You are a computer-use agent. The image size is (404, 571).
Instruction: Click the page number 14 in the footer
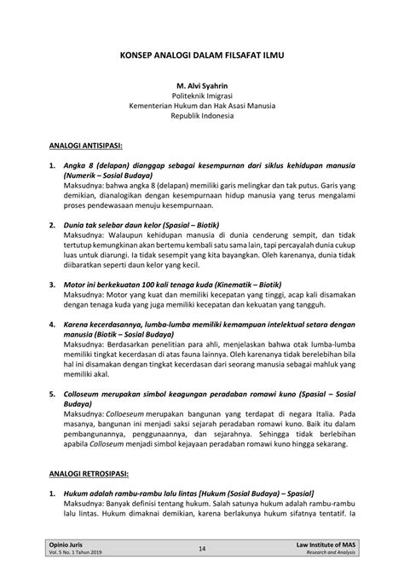[x=202, y=548]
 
